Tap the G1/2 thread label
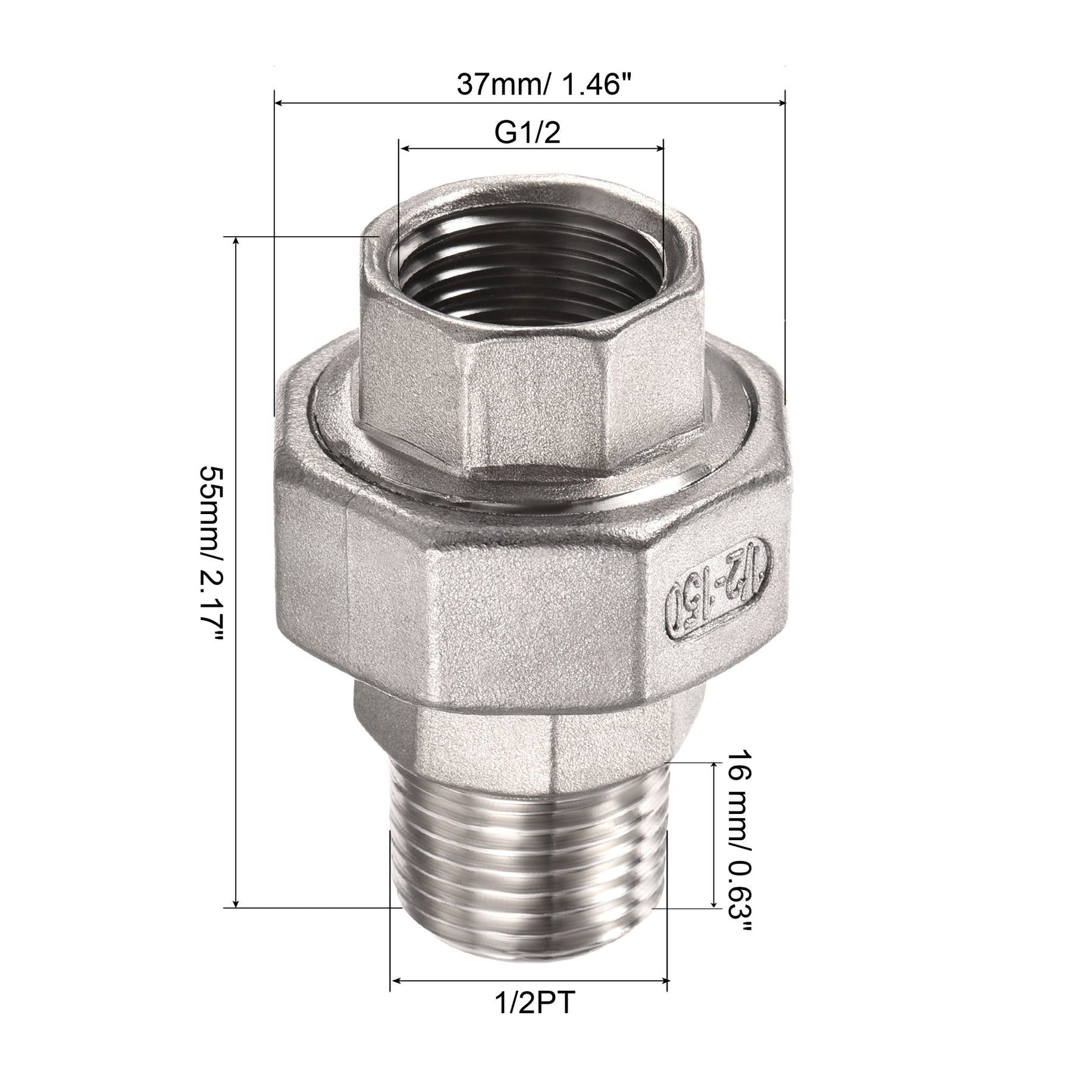[528, 134]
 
